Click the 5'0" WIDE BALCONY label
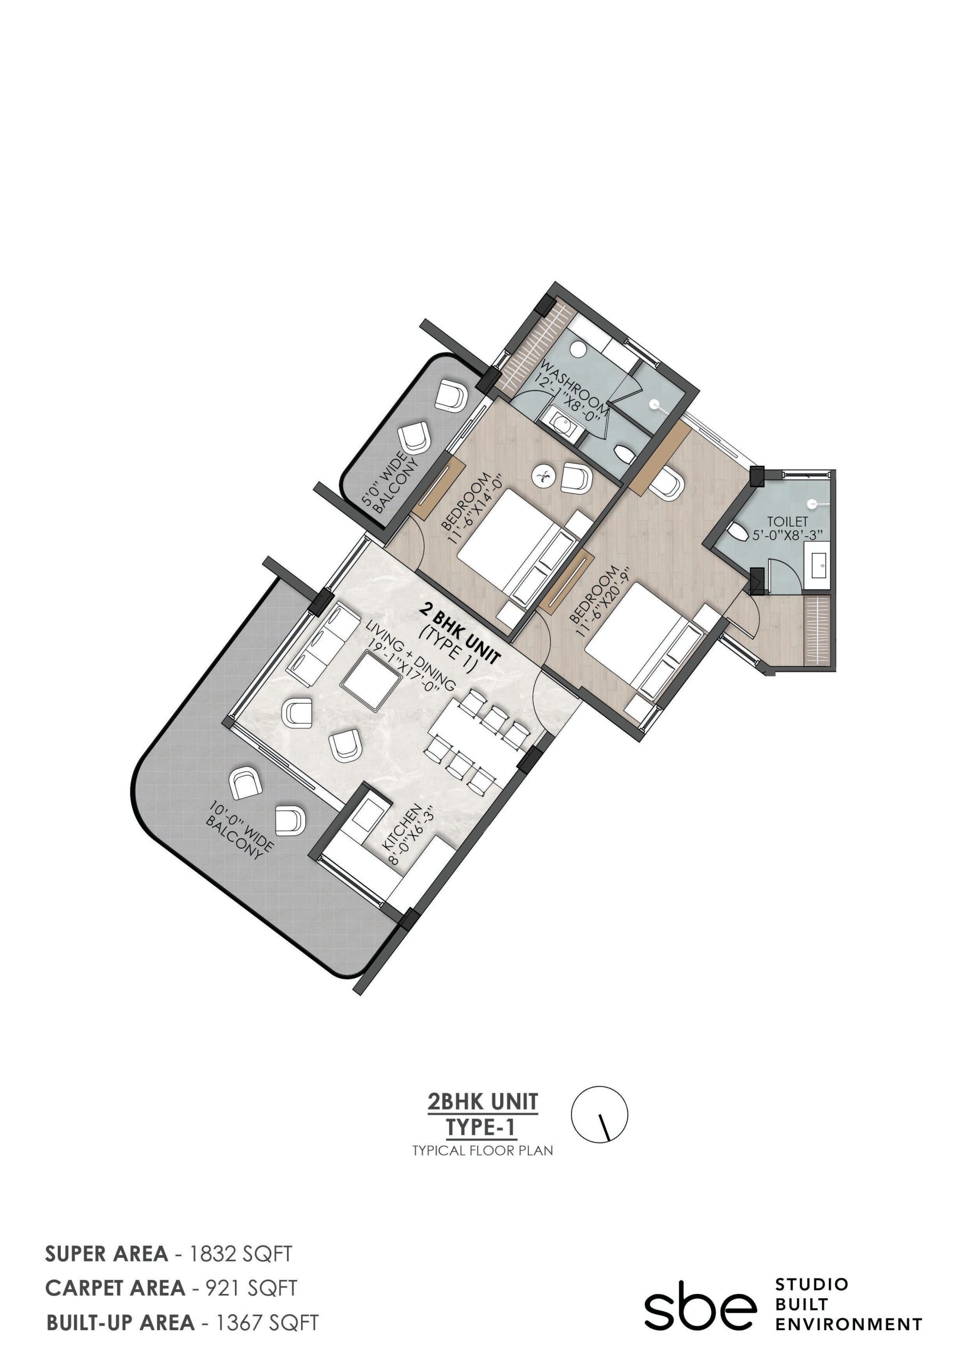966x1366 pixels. click(x=391, y=483)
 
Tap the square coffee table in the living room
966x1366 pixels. click(x=370, y=681)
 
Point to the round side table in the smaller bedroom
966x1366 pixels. click(x=543, y=475)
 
